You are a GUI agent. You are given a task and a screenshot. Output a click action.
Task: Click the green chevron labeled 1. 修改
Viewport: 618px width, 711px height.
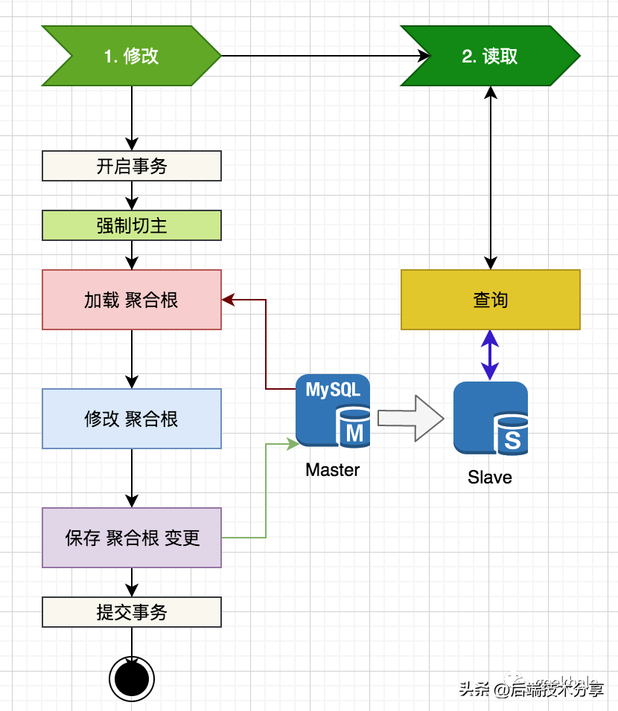[x=131, y=56]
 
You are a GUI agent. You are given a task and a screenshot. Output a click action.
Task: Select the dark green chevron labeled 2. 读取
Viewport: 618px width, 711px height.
[x=490, y=56]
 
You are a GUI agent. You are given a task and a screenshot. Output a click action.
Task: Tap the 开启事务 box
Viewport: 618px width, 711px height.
[x=132, y=166]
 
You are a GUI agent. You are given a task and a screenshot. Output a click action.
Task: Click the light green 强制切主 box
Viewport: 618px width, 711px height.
[x=132, y=225]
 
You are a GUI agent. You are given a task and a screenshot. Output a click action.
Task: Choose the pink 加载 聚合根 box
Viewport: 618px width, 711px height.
[x=132, y=300]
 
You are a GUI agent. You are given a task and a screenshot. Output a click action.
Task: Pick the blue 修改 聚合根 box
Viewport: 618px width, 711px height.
[x=132, y=419]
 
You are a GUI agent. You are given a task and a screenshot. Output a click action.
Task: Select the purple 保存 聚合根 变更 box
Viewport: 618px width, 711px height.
[x=132, y=538]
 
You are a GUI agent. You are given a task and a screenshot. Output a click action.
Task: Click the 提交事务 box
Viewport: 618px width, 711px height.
[x=132, y=612]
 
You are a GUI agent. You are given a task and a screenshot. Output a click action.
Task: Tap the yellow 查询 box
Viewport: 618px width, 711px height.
[x=490, y=300]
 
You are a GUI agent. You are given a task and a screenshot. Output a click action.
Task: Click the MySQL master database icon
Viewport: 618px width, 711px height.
[x=333, y=411]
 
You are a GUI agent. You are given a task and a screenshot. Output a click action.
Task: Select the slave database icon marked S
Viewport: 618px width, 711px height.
[x=491, y=418]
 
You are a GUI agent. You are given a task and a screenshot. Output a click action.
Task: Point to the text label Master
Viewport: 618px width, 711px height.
[x=332, y=470]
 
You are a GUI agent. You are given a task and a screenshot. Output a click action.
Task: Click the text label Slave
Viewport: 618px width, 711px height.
[x=490, y=477]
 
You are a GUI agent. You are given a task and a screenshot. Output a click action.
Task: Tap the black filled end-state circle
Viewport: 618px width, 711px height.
[x=132, y=678]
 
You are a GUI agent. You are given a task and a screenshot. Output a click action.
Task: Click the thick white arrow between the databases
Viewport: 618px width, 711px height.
[x=410, y=418]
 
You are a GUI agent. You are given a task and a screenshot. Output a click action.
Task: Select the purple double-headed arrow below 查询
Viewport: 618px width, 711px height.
[x=490, y=355]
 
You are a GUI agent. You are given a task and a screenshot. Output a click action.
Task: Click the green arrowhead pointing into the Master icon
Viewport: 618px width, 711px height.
[x=293, y=444]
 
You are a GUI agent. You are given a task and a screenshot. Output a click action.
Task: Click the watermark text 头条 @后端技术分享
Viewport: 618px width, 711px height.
[x=531, y=689]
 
